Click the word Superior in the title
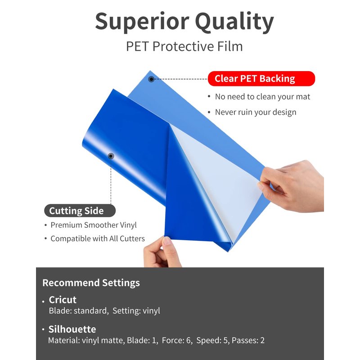[142, 22]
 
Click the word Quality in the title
[234, 22]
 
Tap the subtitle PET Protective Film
[184, 46]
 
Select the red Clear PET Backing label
[261, 78]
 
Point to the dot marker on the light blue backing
[151, 79]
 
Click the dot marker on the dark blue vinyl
[111, 156]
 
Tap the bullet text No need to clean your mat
[262, 97]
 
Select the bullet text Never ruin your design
[256, 112]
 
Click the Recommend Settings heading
[91, 283]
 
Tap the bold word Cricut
[63, 300]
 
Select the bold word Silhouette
[72, 329]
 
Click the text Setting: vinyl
[136, 310]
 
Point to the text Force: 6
[177, 340]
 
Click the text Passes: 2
[248, 340]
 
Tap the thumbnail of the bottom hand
[166, 241]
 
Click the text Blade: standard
[78, 310]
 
